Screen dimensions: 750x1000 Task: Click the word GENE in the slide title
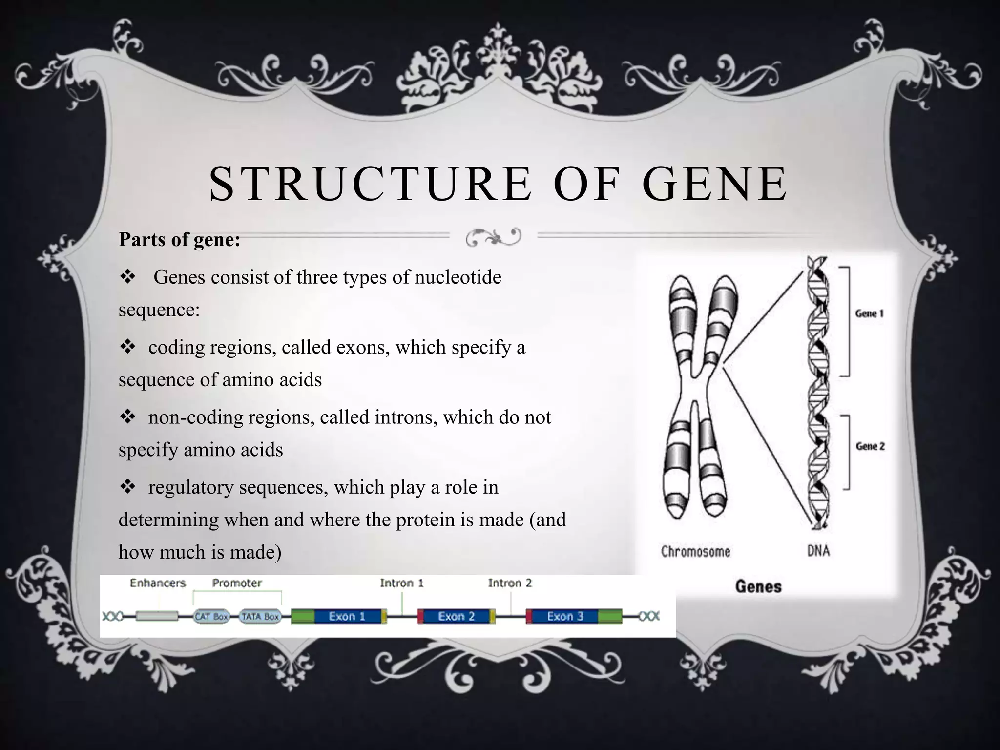pos(714,184)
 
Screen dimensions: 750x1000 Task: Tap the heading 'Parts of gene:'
pos(179,240)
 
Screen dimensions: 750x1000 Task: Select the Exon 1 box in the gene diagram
pos(347,616)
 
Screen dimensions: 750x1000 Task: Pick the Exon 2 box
pos(456,616)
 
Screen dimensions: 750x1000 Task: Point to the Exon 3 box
pos(565,616)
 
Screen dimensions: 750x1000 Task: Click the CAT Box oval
pos(211,617)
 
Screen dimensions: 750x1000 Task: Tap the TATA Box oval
pos(260,617)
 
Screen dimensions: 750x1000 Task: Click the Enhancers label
pos(158,583)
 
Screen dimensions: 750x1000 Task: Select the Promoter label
pos(237,583)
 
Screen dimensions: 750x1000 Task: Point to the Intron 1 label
pos(401,583)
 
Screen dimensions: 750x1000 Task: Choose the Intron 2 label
pos(510,583)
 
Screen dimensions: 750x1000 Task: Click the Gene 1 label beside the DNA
pos(869,313)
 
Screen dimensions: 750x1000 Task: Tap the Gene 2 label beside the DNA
pos(870,446)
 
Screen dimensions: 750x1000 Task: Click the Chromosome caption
pos(695,552)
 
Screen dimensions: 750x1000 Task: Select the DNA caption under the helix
pos(818,551)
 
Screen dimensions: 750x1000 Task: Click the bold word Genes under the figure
pos(758,586)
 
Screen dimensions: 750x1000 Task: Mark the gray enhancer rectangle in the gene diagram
pos(157,617)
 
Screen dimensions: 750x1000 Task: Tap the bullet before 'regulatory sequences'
pos(127,487)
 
